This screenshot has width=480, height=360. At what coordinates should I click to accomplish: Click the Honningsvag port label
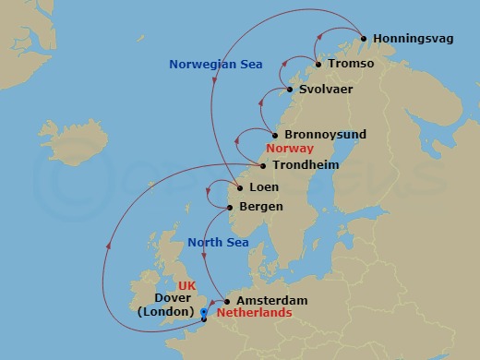(409, 39)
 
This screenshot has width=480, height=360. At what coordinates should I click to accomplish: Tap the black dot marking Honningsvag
(364, 39)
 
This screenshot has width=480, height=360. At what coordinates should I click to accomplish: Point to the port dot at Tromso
(318, 65)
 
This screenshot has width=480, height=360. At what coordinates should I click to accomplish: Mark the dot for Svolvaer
(290, 90)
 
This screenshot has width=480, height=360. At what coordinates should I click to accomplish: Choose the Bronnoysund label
(325, 135)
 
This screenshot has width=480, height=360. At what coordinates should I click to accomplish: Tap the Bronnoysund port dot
(274, 135)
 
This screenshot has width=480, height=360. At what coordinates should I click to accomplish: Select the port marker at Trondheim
(263, 166)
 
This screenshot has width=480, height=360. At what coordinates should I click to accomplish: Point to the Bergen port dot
(230, 207)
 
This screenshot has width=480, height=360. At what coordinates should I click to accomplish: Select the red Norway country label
(289, 149)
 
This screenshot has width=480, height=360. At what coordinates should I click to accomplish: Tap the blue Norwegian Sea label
(215, 65)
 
